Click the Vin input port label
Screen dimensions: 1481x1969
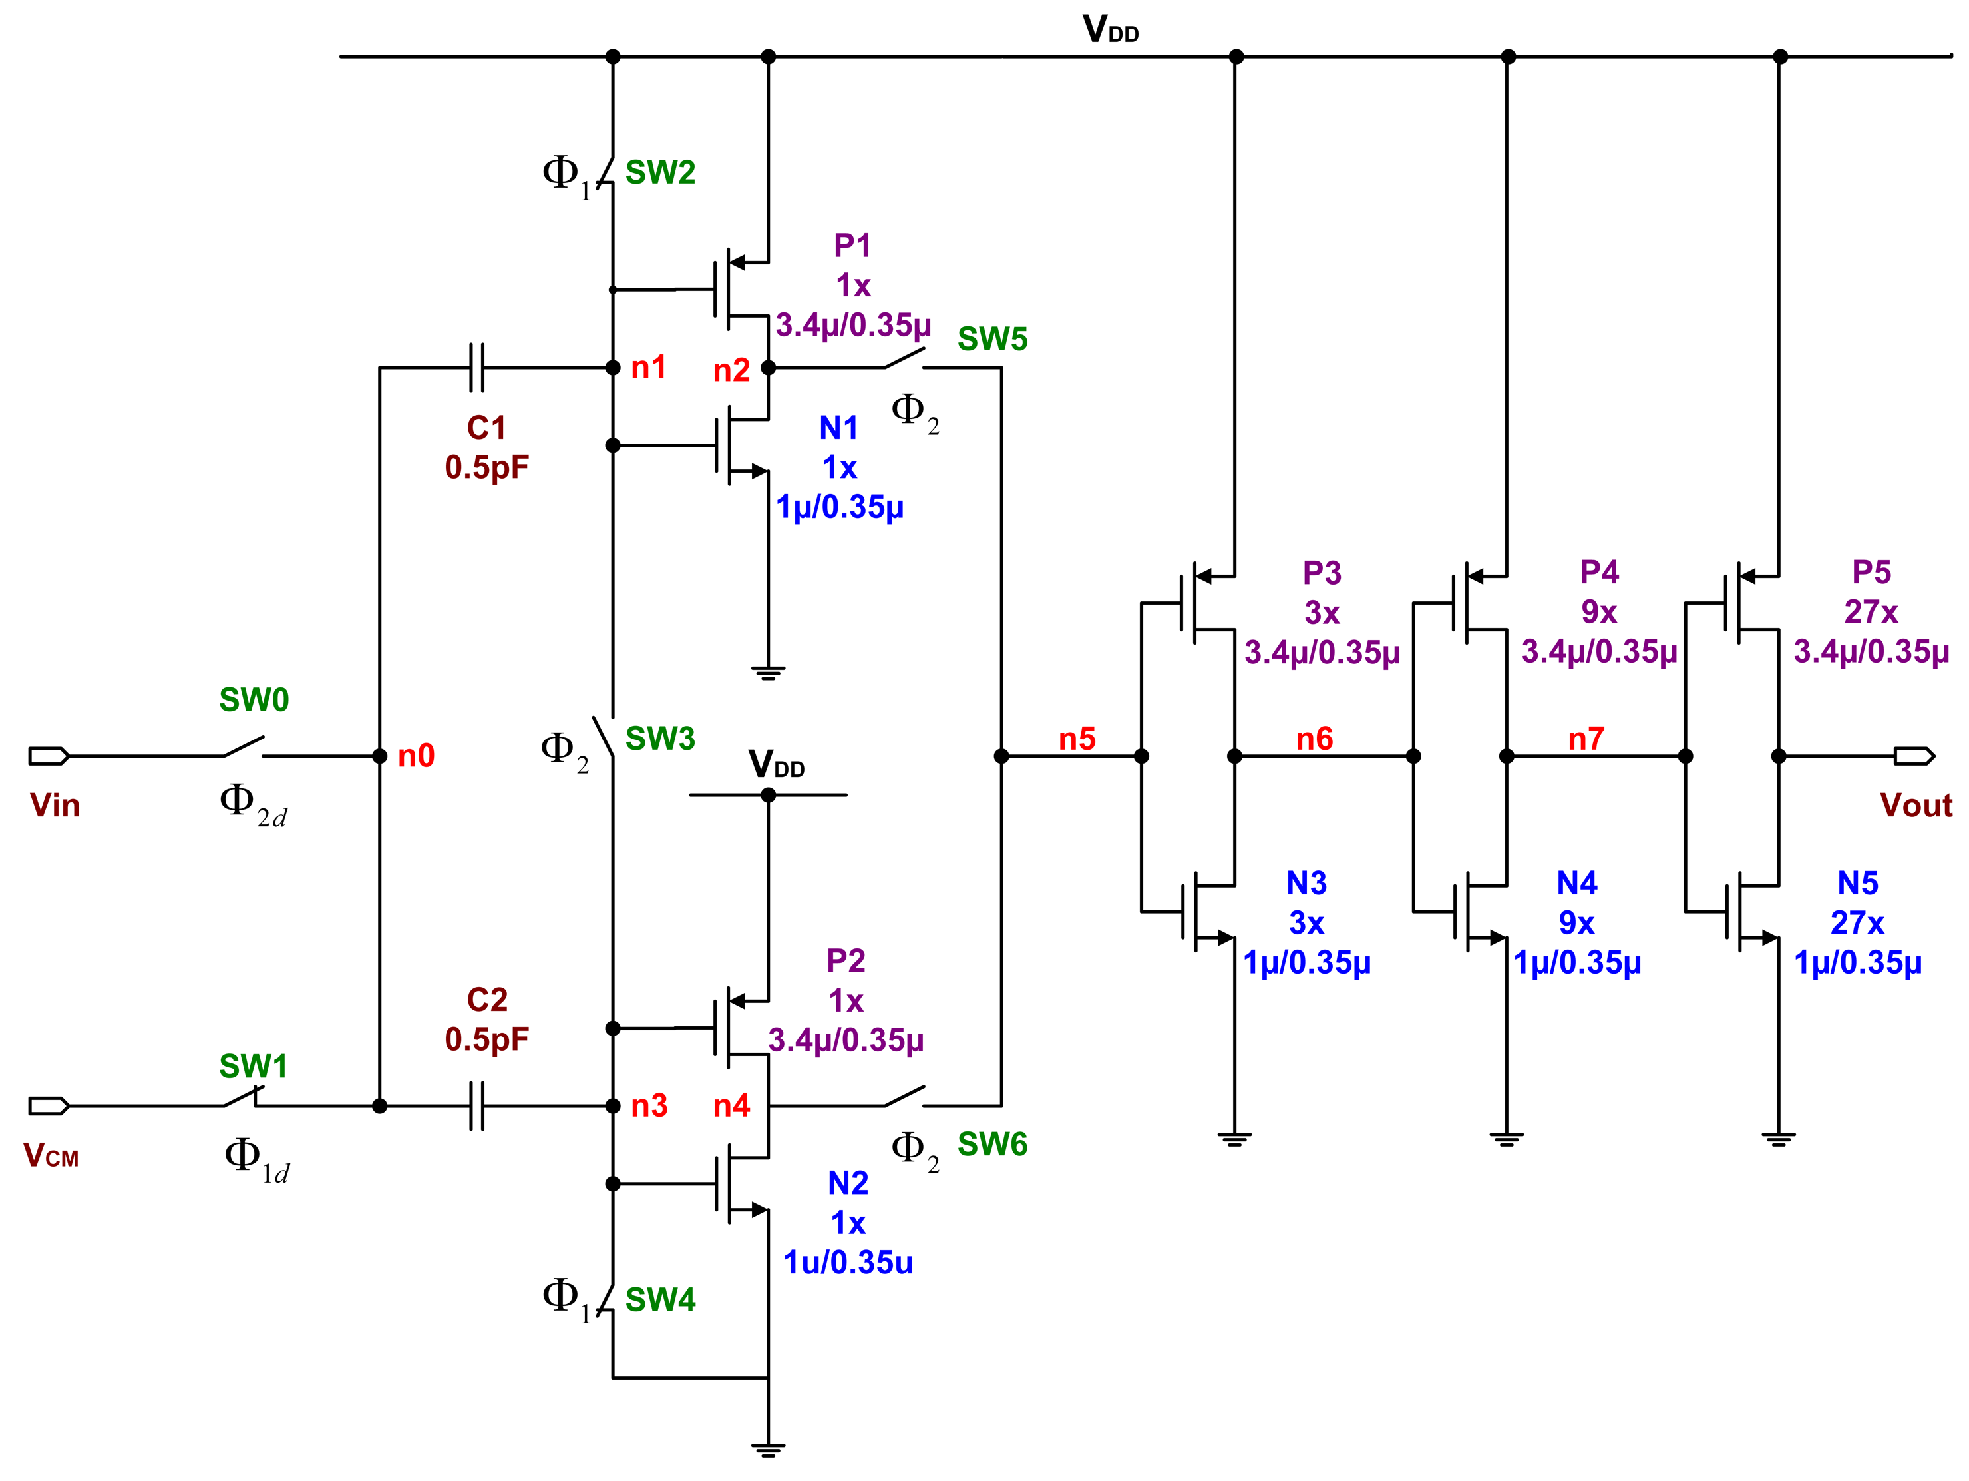pyautogui.click(x=55, y=806)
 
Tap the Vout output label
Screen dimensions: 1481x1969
pyautogui.click(x=1916, y=806)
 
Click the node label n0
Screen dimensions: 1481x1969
pyautogui.click(x=416, y=756)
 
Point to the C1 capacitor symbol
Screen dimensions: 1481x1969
pyautogui.click(x=477, y=367)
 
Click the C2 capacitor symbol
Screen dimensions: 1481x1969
pyautogui.click(x=477, y=1106)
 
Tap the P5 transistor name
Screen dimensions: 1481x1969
pyautogui.click(x=1871, y=572)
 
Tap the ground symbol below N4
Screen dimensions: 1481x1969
pyautogui.click(x=1506, y=1139)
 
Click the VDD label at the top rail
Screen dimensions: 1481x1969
pyautogui.click(x=1110, y=30)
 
